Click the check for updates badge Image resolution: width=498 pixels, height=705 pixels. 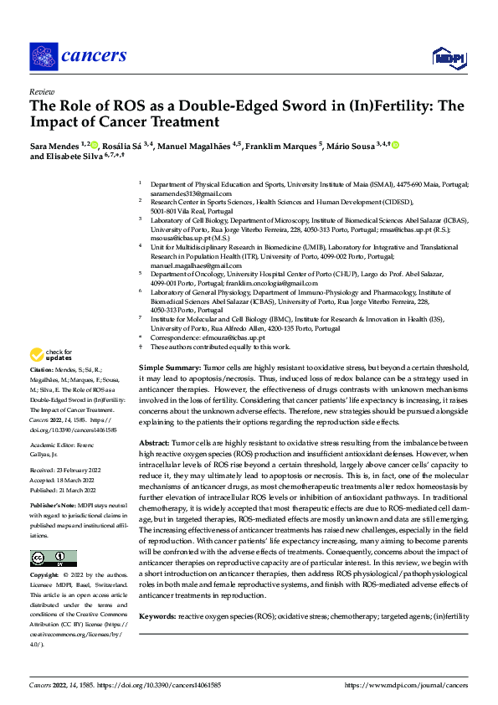click(x=52, y=356)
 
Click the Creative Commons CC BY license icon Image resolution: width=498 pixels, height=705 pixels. click(x=54, y=558)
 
